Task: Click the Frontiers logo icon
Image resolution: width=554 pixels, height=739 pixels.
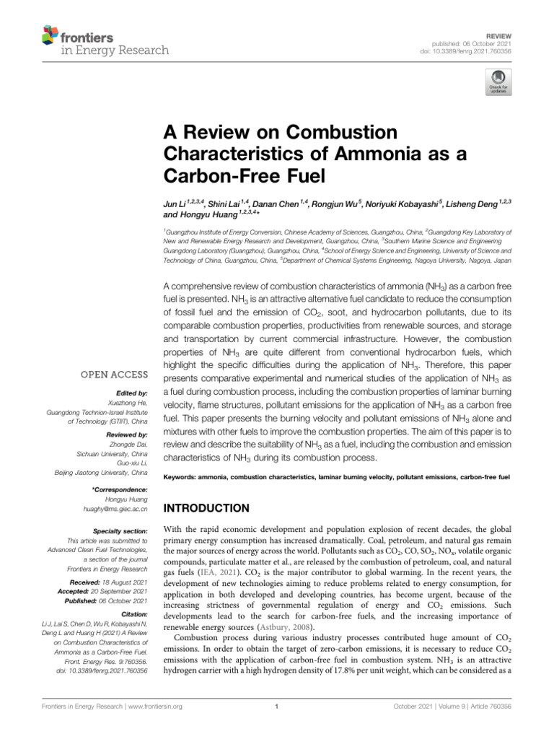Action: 50,35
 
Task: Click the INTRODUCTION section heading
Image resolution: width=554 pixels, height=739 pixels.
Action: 209,508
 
